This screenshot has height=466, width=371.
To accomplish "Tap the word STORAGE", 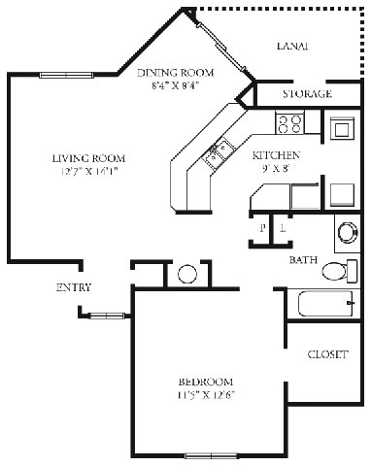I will [307, 94].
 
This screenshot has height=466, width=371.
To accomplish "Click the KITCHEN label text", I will [275, 155].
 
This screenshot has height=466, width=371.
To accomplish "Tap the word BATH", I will [303, 260].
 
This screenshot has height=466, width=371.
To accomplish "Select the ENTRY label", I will [74, 287].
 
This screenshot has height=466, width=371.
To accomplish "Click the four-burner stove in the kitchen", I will [289, 123].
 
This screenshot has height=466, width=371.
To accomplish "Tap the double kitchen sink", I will [217, 151].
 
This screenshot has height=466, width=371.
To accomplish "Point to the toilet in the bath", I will [336, 270].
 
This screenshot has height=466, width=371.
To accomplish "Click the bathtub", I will [321, 306].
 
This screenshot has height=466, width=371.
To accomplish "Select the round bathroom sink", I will [348, 231].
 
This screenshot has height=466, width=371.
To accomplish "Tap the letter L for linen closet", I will [282, 229].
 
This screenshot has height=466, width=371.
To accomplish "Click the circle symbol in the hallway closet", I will [186, 273].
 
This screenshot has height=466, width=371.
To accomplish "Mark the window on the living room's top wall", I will [67, 75].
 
